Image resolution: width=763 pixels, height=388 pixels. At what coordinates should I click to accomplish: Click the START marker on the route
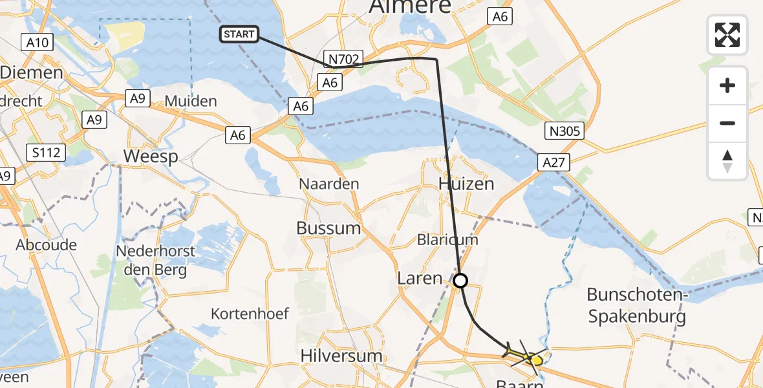click(239, 34)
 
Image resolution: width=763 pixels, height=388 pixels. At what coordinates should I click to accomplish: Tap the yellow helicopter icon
click(525, 355)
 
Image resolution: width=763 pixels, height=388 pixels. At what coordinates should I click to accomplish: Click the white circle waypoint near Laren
click(460, 281)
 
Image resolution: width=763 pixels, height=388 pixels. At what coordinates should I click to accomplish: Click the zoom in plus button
click(727, 85)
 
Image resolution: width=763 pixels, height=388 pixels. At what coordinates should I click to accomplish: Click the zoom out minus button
click(727, 123)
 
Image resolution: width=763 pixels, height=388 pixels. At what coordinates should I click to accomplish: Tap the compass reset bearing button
click(727, 160)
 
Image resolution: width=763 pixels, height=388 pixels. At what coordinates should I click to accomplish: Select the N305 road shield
click(564, 131)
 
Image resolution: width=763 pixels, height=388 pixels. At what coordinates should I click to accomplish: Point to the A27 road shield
click(554, 162)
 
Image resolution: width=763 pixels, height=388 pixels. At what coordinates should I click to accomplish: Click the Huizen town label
click(466, 184)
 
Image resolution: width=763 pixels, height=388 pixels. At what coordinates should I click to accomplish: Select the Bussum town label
click(328, 228)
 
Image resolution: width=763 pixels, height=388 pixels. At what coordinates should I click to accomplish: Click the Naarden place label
click(328, 184)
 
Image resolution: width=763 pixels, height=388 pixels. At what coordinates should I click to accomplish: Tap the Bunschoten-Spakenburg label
click(636, 305)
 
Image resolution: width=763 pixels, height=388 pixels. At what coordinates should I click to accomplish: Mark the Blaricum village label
click(447, 239)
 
